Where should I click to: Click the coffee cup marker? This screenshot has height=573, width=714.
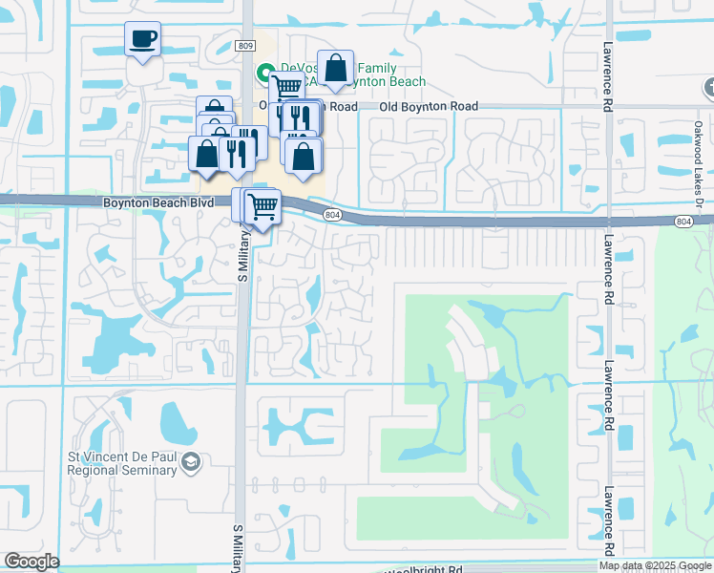(142, 40)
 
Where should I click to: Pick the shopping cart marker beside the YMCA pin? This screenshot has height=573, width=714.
(288, 88)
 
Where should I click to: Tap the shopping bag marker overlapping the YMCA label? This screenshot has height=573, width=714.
(335, 69)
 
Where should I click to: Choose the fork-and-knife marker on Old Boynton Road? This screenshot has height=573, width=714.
(299, 117)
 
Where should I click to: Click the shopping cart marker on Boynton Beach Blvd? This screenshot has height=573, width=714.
(262, 205)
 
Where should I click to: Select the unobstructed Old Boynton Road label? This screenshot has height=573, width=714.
(429, 107)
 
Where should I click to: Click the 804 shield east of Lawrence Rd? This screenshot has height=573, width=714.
(682, 222)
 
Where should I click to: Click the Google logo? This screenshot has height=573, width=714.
(32, 562)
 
